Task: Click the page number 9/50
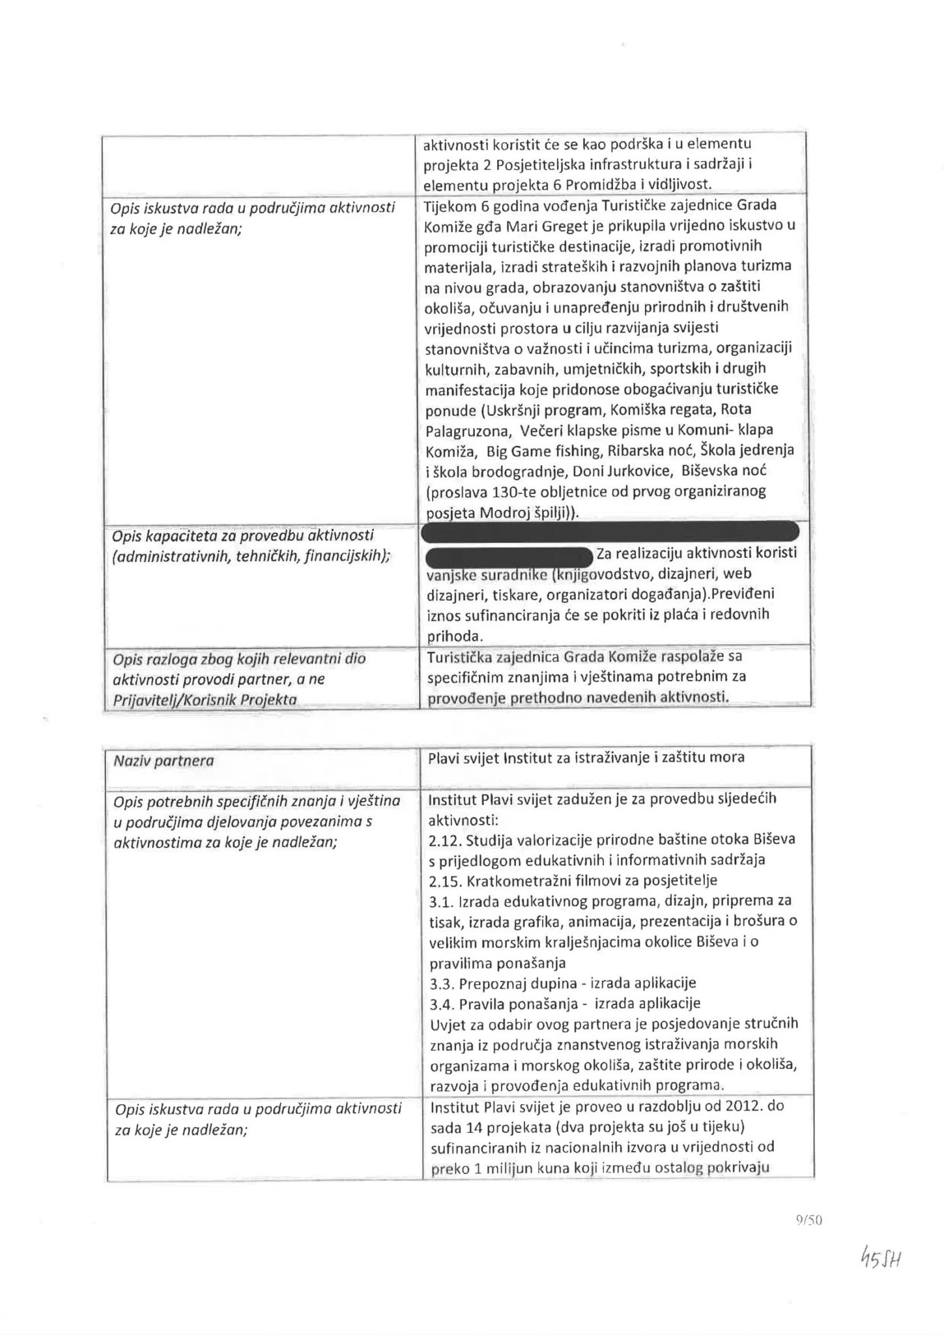coord(808,1221)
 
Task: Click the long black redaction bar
coord(610,531)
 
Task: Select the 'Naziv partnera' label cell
coord(164,760)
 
